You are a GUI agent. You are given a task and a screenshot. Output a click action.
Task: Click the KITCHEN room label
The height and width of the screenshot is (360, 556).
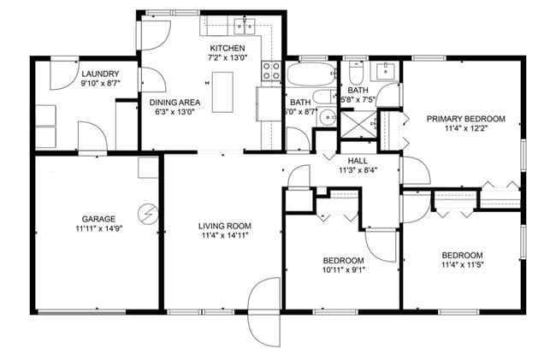click(228, 49)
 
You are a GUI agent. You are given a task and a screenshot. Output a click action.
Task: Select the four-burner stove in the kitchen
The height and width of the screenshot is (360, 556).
click(272, 71)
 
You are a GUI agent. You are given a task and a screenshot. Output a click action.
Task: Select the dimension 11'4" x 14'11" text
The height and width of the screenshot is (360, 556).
click(225, 236)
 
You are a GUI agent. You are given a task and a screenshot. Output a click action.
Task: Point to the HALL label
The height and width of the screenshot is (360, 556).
click(358, 159)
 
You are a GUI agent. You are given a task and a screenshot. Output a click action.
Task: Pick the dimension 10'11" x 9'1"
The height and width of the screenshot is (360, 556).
click(343, 270)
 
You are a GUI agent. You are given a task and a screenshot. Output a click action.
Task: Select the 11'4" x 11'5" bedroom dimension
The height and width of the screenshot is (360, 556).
click(462, 265)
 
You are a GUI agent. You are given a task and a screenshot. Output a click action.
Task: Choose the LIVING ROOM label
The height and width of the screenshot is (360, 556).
click(225, 226)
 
